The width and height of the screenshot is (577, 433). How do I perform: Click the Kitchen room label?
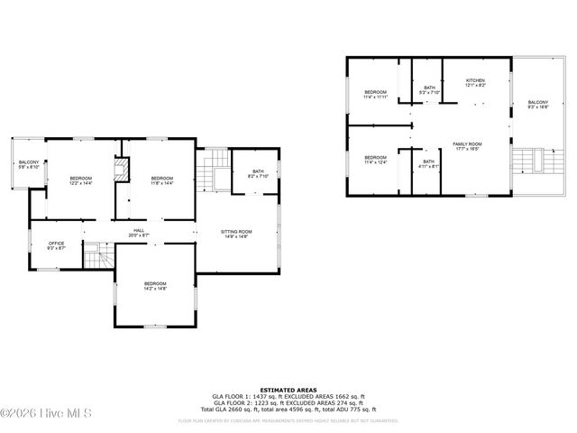click(475, 82)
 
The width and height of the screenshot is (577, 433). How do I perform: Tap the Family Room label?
click(467, 146)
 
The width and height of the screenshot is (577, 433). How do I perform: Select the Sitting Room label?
click(236, 233)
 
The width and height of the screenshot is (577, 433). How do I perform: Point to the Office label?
click(57, 246)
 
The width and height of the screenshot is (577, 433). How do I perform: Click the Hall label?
click(139, 233)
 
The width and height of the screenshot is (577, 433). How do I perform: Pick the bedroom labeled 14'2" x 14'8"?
click(155, 286)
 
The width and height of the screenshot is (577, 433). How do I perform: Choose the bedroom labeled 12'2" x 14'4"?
click(81, 180)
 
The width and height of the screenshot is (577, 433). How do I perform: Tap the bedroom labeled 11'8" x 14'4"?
click(161, 180)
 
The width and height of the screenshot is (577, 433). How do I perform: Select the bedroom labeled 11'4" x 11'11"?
click(375, 95)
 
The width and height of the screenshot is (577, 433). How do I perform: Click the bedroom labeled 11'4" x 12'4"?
click(375, 159)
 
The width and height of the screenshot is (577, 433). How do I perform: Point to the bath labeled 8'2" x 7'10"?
click(258, 173)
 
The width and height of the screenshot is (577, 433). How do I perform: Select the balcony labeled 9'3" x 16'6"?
click(537, 105)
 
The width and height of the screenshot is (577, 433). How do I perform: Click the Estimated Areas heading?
click(288, 391)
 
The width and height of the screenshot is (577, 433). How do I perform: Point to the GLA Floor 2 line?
click(288, 401)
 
